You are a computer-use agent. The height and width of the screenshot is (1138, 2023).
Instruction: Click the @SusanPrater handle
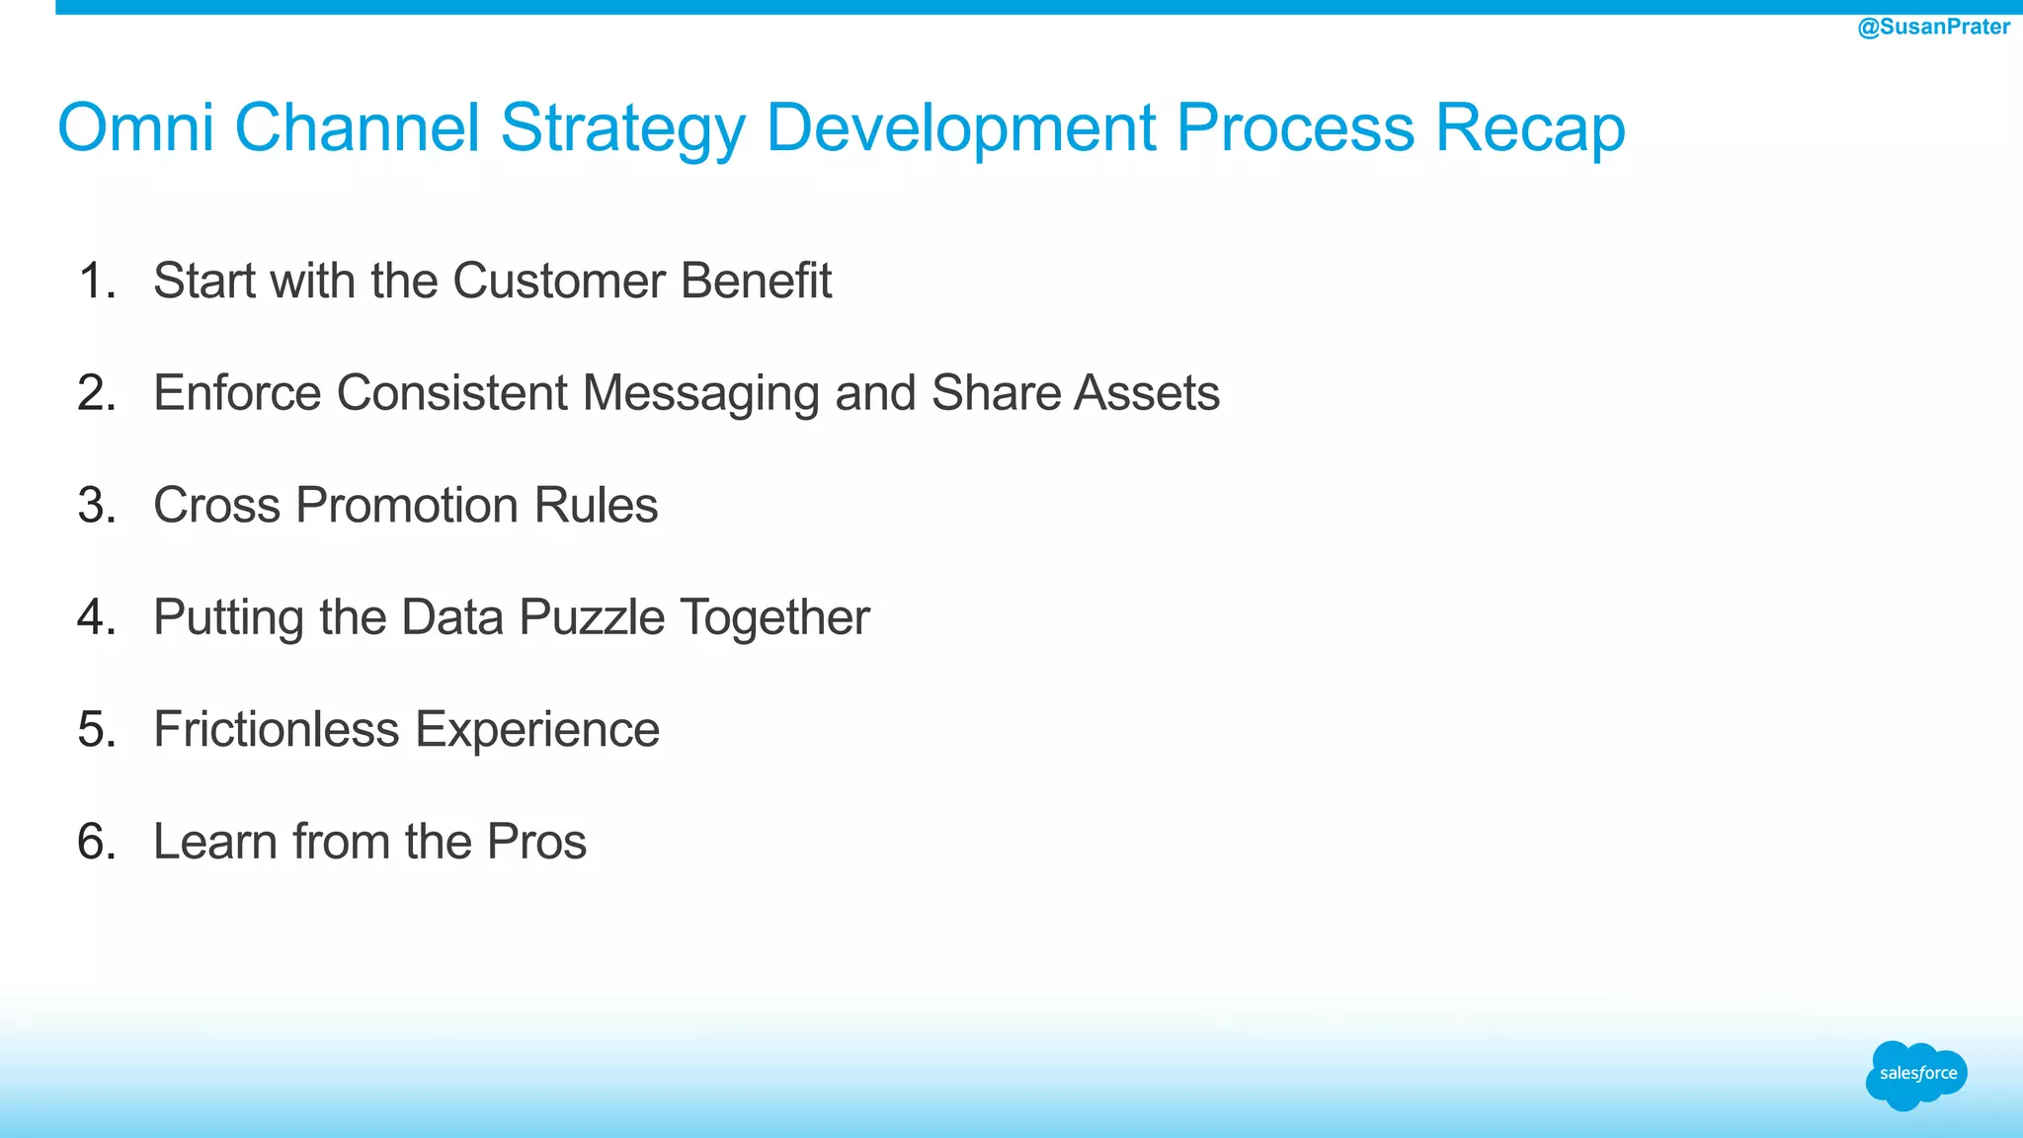click(1933, 27)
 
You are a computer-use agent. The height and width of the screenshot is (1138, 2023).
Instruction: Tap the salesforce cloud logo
click(1916, 1075)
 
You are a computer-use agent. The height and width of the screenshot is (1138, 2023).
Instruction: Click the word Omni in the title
click(135, 127)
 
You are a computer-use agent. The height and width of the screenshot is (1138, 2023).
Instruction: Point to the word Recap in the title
click(1529, 129)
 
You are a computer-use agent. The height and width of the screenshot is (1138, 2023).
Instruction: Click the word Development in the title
click(960, 129)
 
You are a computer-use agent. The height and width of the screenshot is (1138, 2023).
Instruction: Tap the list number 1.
click(96, 281)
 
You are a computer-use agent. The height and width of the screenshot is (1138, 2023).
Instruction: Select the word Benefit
click(756, 281)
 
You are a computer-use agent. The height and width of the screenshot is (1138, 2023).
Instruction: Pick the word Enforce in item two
click(237, 393)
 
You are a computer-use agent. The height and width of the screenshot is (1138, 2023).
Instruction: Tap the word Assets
click(1147, 393)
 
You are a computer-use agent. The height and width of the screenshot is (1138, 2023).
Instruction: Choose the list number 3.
click(96, 505)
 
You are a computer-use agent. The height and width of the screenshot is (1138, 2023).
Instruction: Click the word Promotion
click(407, 505)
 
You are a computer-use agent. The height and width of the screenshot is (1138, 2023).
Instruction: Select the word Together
click(774, 618)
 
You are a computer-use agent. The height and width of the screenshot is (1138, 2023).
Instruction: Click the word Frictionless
click(277, 729)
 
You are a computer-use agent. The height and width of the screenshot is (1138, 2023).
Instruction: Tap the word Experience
click(536, 731)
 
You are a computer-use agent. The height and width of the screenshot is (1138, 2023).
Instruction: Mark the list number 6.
click(96, 842)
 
